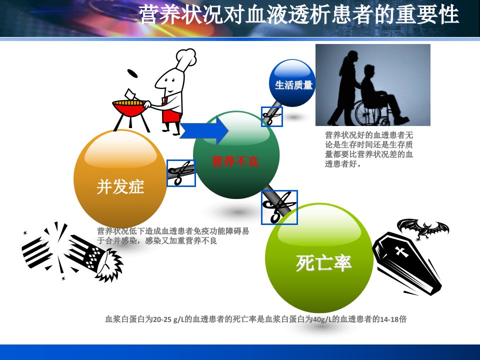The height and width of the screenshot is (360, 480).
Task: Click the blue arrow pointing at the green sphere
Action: click(203, 130)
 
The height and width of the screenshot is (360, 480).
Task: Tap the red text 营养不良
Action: click(235, 161)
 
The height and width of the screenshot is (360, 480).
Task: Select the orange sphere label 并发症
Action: click(120, 186)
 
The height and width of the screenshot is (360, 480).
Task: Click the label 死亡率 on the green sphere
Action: click(323, 262)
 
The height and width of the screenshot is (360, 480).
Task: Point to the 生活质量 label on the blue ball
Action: click(293, 85)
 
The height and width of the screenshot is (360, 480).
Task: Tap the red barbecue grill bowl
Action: click(128, 108)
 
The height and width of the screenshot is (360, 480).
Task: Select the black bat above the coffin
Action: click(423, 228)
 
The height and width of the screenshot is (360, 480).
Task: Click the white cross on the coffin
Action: click(400, 251)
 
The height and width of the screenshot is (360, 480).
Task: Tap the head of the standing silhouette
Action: click(352, 56)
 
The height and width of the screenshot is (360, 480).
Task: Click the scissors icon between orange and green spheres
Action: click(181, 173)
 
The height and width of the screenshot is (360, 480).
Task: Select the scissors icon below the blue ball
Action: click(272, 116)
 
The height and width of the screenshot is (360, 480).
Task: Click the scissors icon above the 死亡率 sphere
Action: click(279, 207)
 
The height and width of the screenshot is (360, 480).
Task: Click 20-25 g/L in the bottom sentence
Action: click(168, 319)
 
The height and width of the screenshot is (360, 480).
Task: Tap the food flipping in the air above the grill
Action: click(132, 73)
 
